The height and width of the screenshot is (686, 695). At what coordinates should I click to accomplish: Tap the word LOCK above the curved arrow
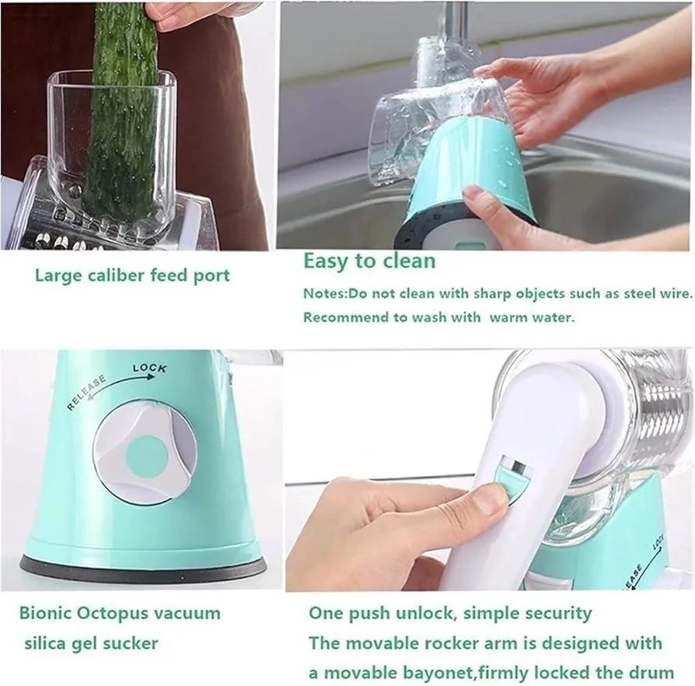pyautogui.click(x=149, y=368)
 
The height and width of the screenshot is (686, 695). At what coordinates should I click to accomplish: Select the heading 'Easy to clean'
pyautogui.click(x=368, y=261)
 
